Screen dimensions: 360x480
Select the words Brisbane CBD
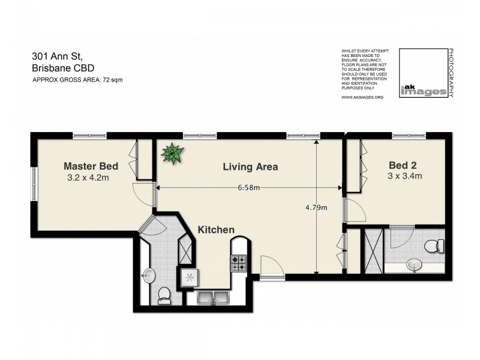click(62, 68)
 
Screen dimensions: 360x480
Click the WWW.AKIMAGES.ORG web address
click(362, 97)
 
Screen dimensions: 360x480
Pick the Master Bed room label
click(91, 166)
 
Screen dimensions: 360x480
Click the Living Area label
click(250, 167)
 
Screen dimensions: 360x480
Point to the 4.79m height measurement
click(316, 208)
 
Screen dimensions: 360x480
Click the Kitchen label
click(216, 229)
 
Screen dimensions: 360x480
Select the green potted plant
click(173, 154)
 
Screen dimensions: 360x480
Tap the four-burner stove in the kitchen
click(238, 262)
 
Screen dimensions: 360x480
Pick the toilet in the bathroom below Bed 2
click(433, 245)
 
